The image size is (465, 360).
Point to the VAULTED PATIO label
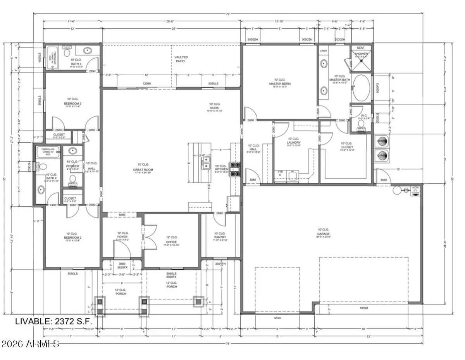[179, 59]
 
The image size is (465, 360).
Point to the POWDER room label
[72, 166]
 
